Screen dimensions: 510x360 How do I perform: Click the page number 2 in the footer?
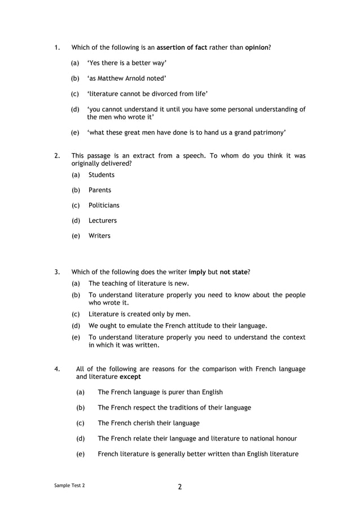[x=180, y=487]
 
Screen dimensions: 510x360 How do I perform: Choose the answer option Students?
[x=102, y=175]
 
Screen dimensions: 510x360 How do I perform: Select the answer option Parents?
[x=100, y=190]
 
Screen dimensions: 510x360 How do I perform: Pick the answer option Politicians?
[x=104, y=206]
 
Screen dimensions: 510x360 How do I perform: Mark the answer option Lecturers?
[x=103, y=221]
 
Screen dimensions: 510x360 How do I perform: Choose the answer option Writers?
[x=99, y=236]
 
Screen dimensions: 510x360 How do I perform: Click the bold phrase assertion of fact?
[x=182, y=47]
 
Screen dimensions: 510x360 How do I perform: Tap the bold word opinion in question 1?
[x=257, y=47]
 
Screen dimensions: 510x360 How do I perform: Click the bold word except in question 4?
[x=130, y=377]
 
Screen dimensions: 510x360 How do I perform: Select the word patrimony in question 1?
[x=266, y=133]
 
